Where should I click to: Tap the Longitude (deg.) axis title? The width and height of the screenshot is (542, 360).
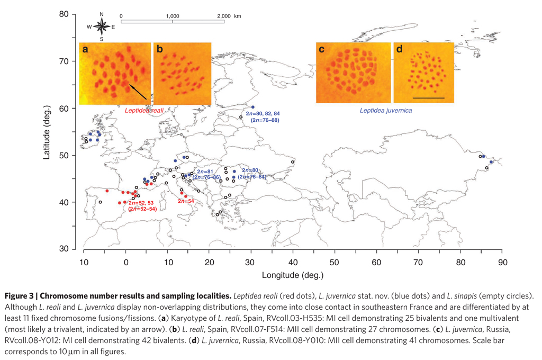coord(292,275)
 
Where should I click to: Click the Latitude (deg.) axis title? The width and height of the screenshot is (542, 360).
coord(47,132)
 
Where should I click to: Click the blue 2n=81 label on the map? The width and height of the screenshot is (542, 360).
coord(204,172)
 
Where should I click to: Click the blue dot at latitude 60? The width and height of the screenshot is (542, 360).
coord(252,107)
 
